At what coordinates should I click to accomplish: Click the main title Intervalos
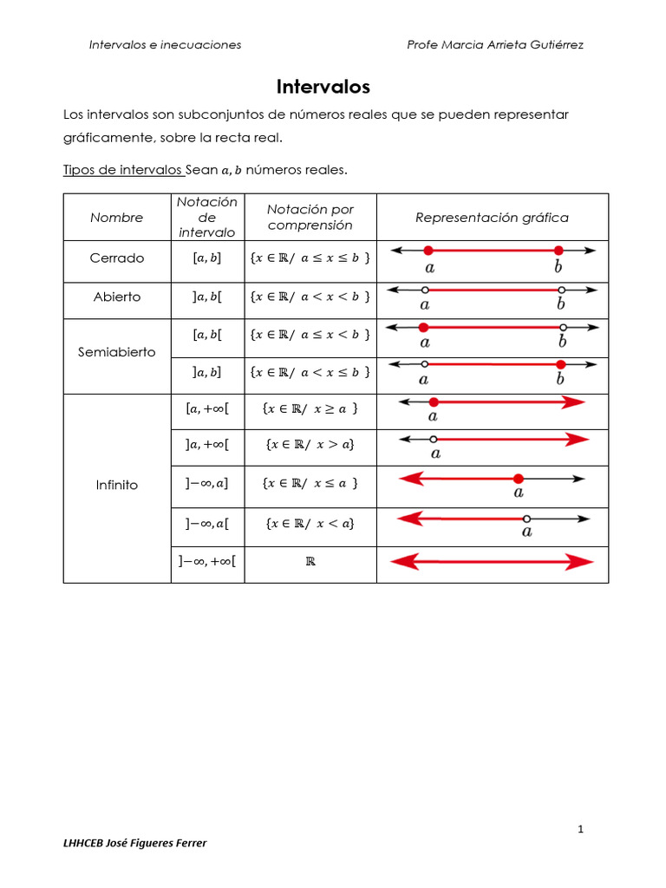pyautogui.click(x=323, y=87)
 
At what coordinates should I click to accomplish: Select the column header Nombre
pyautogui.click(x=116, y=218)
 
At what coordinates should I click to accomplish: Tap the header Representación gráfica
pyautogui.click(x=492, y=218)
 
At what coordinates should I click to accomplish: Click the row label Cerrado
pyautogui.click(x=116, y=258)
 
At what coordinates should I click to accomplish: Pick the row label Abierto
pyautogui.click(x=116, y=297)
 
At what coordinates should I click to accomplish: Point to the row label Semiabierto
pyautogui.click(x=116, y=352)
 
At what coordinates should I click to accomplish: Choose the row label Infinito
pyautogui.click(x=116, y=485)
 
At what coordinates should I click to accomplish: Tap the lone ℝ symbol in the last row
pyautogui.click(x=310, y=561)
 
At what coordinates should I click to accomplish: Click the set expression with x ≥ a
pyautogui.click(x=310, y=408)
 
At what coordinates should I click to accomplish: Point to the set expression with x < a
pyautogui.click(x=310, y=523)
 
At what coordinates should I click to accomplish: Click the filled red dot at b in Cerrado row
pyautogui.click(x=559, y=251)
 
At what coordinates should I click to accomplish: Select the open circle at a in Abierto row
pyautogui.click(x=424, y=290)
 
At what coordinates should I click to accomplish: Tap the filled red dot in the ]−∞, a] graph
pyautogui.click(x=518, y=479)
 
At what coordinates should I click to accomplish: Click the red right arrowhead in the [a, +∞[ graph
pyautogui.click(x=577, y=402)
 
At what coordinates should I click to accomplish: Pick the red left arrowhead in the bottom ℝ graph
pyautogui.click(x=402, y=563)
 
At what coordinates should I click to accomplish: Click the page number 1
pyautogui.click(x=581, y=830)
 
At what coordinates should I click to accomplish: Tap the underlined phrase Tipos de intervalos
pyautogui.click(x=122, y=170)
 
